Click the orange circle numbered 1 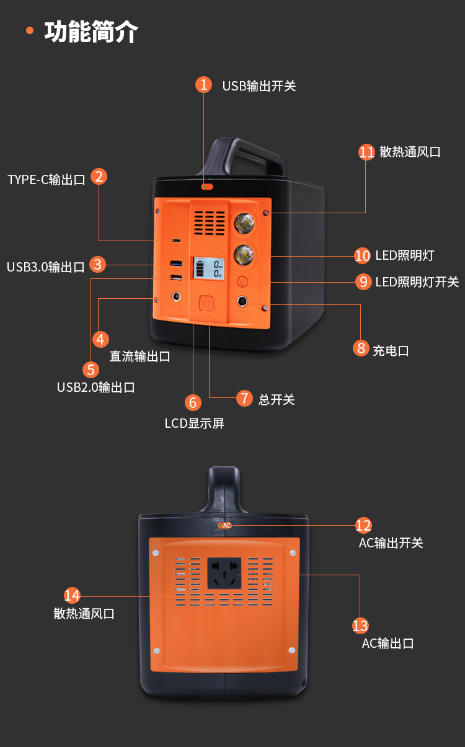tap(203, 84)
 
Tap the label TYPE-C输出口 tap(46, 180)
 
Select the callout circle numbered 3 tap(97, 264)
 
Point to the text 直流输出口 tap(139, 356)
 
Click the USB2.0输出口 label tap(95, 387)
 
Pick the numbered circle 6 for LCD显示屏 tap(192, 402)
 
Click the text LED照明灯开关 tap(417, 282)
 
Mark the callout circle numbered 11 tap(366, 152)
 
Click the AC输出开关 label tap(391, 543)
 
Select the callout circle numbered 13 tap(360, 625)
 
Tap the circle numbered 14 tap(72, 596)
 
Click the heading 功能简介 tap(91, 32)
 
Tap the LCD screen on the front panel tap(208, 268)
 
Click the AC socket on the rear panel tap(224, 573)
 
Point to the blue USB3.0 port tap(176, 263)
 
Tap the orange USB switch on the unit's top tap(207, 186)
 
